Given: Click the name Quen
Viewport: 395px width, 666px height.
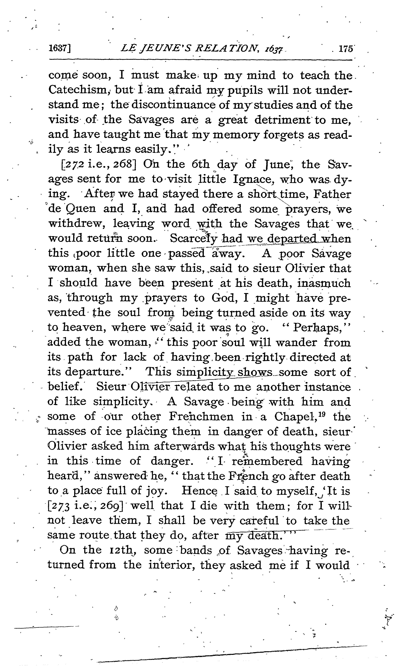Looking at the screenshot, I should pyautogui.click(x=80, y=209).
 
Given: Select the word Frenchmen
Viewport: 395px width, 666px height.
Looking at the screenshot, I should pyautogui.click(x=201, y=416).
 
